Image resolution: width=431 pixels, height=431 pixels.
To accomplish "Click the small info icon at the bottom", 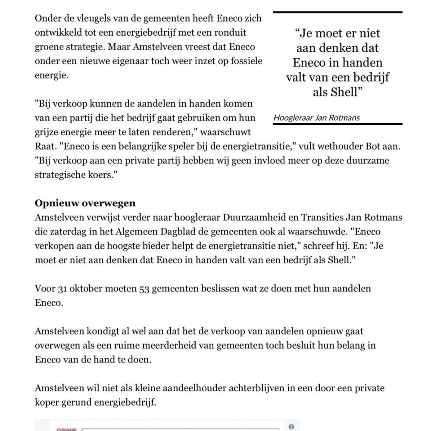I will coord(291,426).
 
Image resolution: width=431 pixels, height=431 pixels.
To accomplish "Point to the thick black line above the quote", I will coord(338,13).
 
